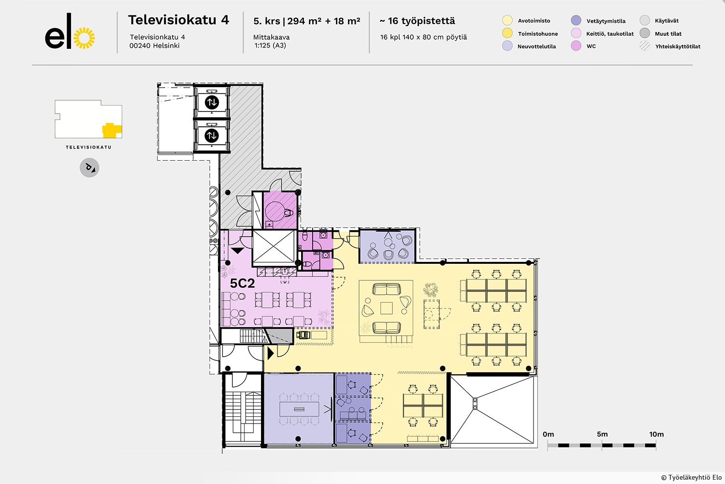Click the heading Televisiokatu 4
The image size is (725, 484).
(x=178, y=20)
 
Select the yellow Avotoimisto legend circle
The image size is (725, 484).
(x=507, y=20)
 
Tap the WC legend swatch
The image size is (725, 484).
(x=576, y=46)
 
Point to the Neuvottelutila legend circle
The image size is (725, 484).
(x=507, y=46)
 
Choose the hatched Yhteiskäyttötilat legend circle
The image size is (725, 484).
(x=645, y=46)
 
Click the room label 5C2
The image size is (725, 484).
(x=242, y=284)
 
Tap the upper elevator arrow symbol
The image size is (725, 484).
(x=212, y=103)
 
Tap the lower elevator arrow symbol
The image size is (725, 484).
(x=212, y=136)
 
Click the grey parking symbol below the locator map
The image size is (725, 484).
(x=89, y=168)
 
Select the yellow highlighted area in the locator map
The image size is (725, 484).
(x=111, y=130)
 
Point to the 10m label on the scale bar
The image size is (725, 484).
(x=656, y=434)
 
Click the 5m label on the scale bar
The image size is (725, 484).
(x=602, y=434)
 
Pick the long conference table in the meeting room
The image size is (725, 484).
(x=299, y=409)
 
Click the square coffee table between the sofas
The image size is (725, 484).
(x=386, y=308)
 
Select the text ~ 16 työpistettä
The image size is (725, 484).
(x=417, y=21)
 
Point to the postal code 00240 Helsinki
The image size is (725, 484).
(x=155, y=45)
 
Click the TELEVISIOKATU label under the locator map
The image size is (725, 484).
(x=88, y=147)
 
